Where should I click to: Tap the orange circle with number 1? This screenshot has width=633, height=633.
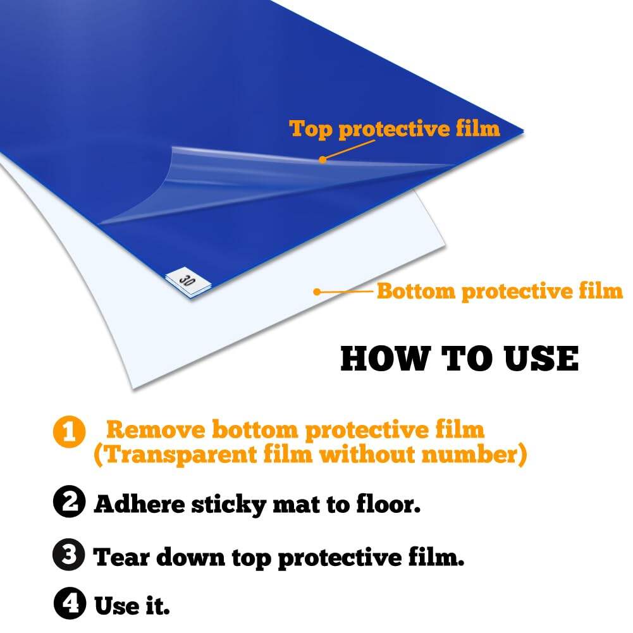(x=69, y=431)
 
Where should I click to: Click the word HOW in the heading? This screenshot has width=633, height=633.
(x=384, y=359)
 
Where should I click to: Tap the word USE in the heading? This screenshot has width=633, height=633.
(x=541, y=359)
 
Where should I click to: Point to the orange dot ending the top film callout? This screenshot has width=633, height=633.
(x=322, y=159)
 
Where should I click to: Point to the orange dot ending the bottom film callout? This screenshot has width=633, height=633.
(x=317, y=292)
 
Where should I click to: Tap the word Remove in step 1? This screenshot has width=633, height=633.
(x=156, y=429)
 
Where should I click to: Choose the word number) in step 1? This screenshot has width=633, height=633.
(x=474, y=454)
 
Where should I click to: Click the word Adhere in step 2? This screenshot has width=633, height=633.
(x=139, y=504)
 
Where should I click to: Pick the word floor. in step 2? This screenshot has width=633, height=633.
(x=388, y=503)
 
